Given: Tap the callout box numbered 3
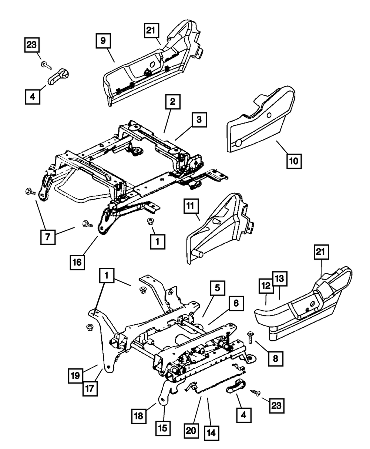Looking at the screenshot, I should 199,121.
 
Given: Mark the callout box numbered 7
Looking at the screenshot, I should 48,237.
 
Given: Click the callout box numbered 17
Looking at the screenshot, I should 90,389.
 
